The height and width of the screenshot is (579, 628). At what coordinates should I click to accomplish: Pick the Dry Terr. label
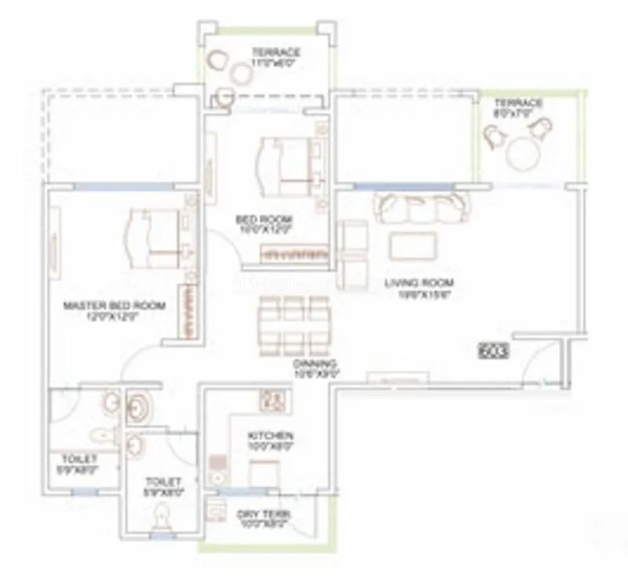[265, 514]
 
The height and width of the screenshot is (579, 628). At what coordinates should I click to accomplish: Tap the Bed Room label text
[265, 219]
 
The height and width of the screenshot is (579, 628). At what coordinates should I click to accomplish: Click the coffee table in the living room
[413, 246]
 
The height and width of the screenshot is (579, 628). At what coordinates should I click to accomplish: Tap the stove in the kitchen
[272, 401]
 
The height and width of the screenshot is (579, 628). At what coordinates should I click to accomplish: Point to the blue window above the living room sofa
[403, 186]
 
